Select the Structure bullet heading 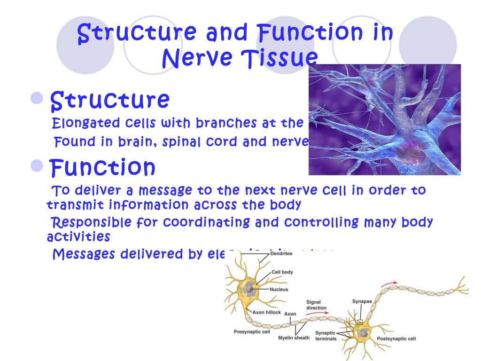coord(109,100)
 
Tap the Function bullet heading coord(102,167)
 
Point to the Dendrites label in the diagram coord(281,253)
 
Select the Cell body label coord(283,272)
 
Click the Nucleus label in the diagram coord(279,289)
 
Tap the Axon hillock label coord(266,312)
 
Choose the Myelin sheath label coord(294,338)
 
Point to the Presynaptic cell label coord(252,332)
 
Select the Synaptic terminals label coord(326,336)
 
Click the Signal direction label coord(316,305)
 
